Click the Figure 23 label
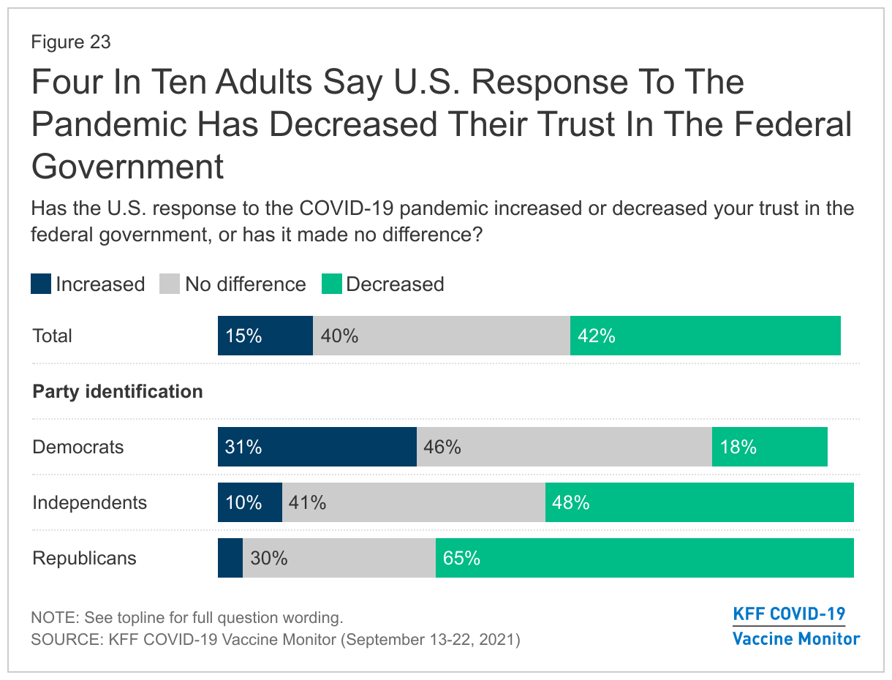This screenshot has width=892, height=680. coord(71,42)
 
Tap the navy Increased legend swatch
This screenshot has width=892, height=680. coord(41,284)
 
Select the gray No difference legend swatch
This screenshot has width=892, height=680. coord(170,284)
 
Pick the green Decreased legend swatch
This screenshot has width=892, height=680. coord(331,284)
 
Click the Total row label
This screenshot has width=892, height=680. coord(53,336)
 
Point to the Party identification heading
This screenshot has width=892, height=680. coord(118,392)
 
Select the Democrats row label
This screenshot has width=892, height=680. coord(78,447)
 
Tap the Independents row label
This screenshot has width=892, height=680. coord(90,503)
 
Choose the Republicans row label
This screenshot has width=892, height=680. coord(85,559)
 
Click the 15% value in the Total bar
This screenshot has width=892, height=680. coord(243,336)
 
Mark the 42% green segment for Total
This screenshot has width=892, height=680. coord(705,336)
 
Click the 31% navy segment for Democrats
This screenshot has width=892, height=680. coord(317,447)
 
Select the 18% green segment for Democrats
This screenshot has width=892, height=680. coord(769,447)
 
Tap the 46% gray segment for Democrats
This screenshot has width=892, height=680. coord(564,447)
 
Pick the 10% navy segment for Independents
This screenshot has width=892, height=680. coord(249,503)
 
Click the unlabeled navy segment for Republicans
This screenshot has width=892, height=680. coord(230,559)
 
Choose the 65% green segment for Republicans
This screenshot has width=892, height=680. coord(644,559)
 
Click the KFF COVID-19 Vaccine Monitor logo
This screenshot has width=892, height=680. coord(796,626)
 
